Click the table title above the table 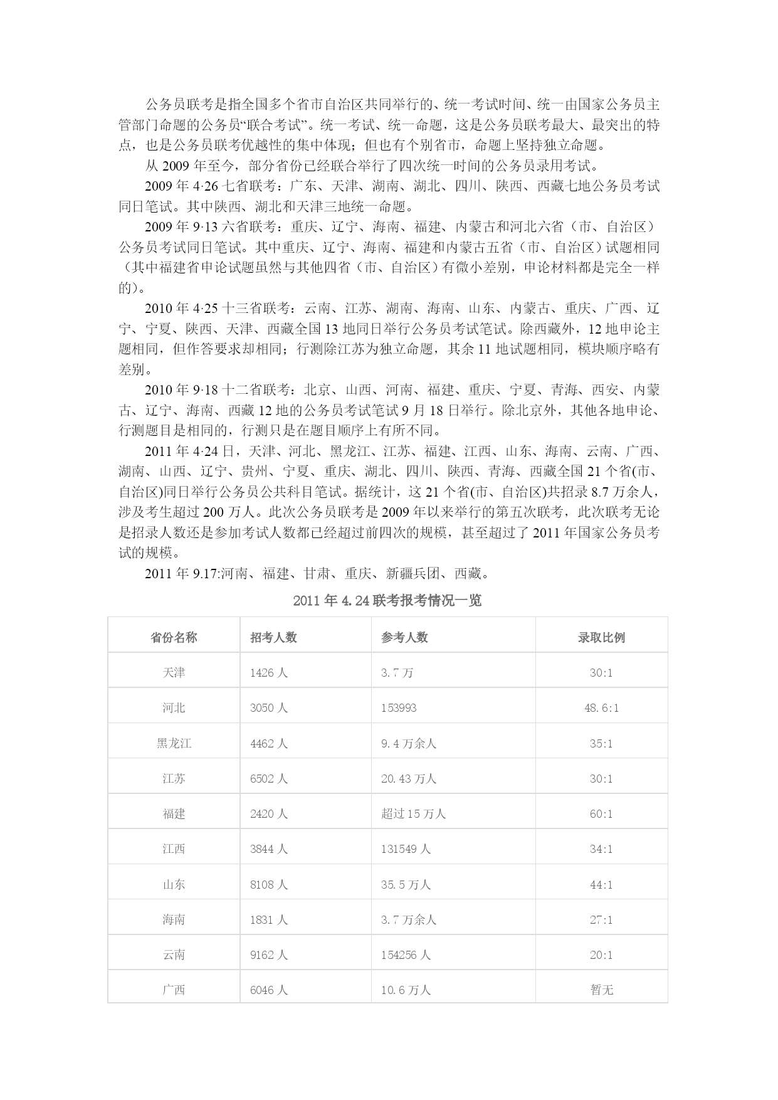pyautogui.click(x=387, y=600)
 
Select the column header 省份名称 pyautogui.click(x=174, y=637)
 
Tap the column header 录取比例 pyautogui.click(x=601, y=637)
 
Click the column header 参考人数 pyautogui.click(x=404, y=637)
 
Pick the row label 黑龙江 pyautogui.click(x=174, y=743)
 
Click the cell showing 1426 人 pyautogui.click(x=268, y=672)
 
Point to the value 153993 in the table pyautogui.click(x=399, y=708)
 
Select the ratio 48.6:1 pyautogui.click(x=601, y=708)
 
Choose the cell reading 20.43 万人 pyautogui.click(x=408, y=778)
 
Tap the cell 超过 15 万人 pyautogui.click(x=413, y=813)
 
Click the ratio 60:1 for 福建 pyautogui.click(x=601, y=813)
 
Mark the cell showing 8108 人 pyautogui.click(x=268, y=884)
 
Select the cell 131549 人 pyautogui.click(x=406, y=849)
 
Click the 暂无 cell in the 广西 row pyautogui.click(x=601, y=990)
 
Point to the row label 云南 pyautogui.click(x=174, y=955)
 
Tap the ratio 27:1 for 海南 pyautogui.click(x=601, y=919)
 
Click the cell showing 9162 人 pyautogui.click(x=268, y=955)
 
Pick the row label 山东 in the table pyautogui.click(x=174, y=884)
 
